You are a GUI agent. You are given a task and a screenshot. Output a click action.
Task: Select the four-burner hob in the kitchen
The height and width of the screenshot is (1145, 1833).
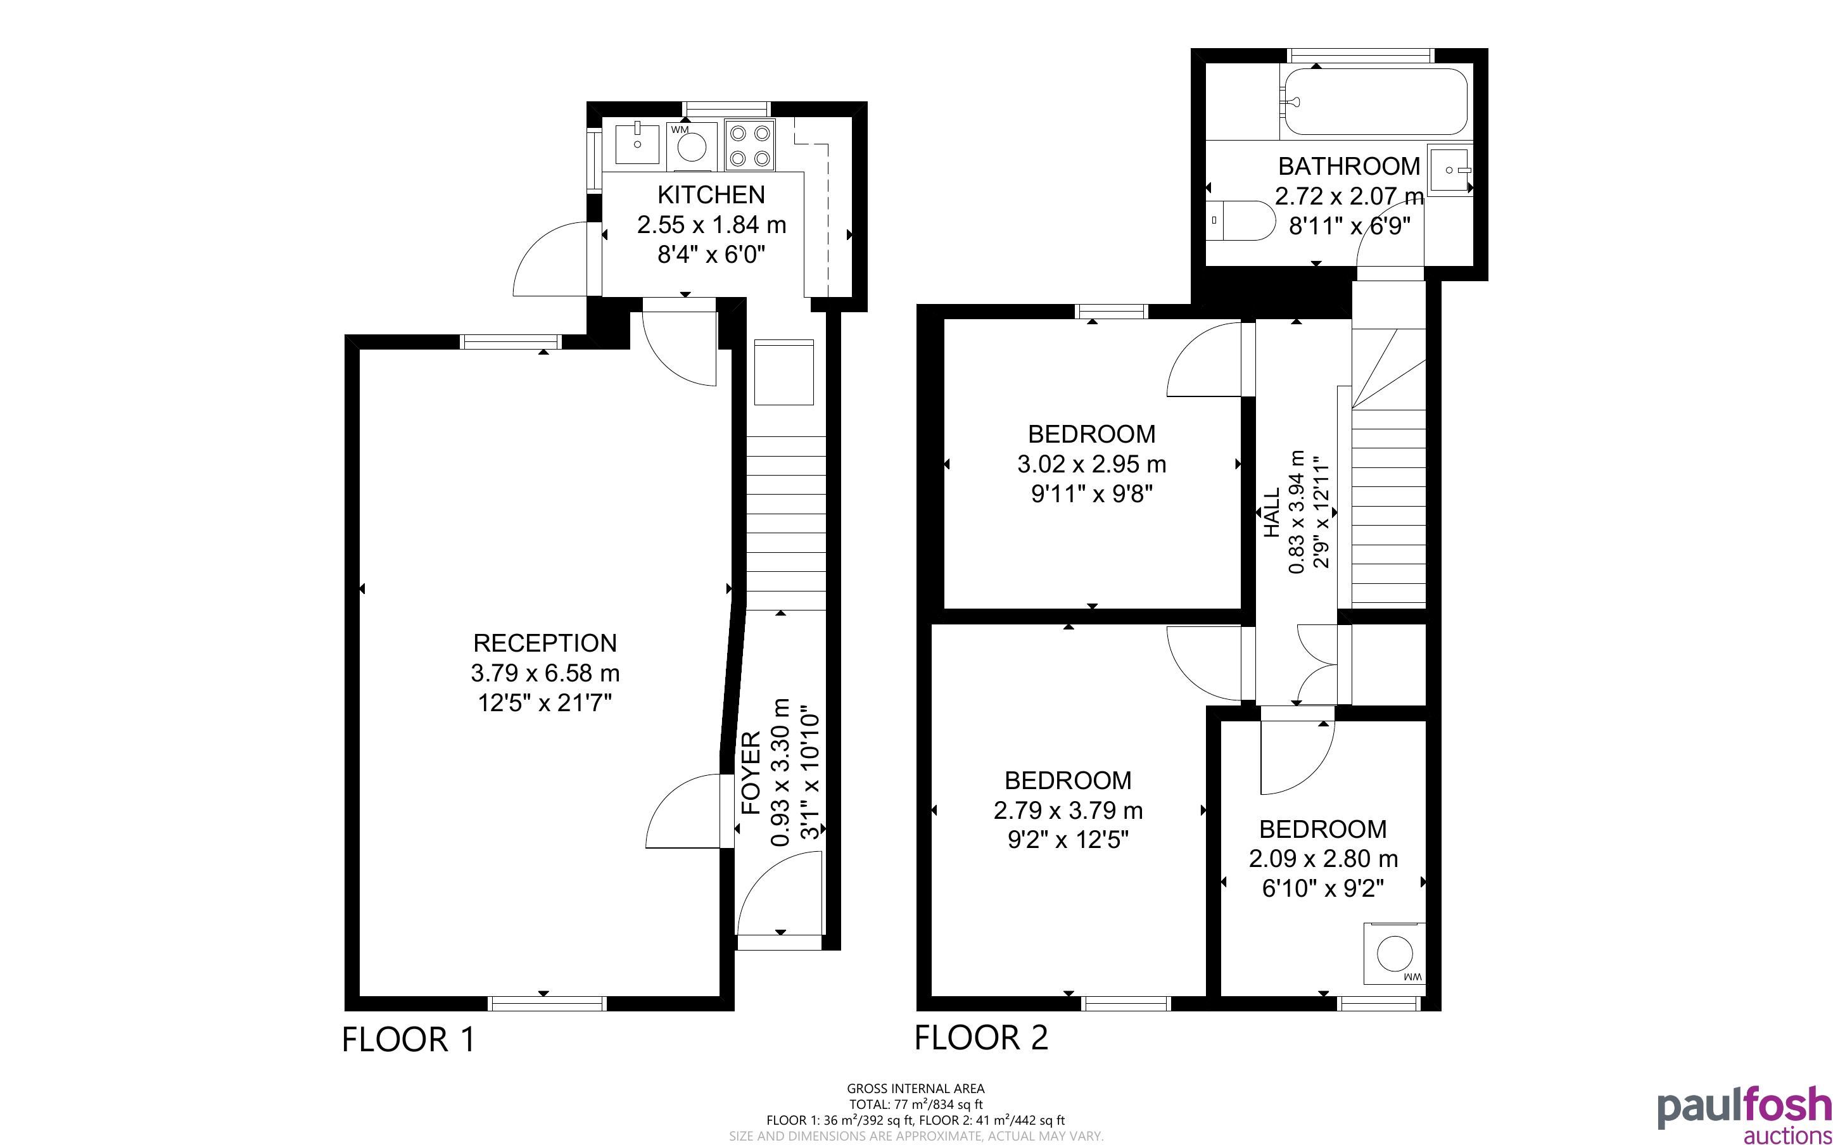click(x=749, y=146)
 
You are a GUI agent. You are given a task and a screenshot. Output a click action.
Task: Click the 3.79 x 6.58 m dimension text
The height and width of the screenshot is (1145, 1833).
click(x=545, y=673)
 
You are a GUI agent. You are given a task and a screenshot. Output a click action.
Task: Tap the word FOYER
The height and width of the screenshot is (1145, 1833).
click(x=751, y=773)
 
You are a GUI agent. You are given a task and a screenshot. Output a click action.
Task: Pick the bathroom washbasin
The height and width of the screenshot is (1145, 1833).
click(x=1449, y=170)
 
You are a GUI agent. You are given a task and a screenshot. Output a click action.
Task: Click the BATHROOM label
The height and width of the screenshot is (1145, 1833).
click(x=1349, y=166)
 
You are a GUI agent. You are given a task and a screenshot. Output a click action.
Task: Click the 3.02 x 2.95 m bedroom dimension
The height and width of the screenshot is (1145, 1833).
click(x=1092, y=464)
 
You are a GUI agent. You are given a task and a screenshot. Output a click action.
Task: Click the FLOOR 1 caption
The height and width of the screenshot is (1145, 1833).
click(x=409, y=1040)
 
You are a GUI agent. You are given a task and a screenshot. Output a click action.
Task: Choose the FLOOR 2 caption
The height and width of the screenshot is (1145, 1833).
click(x=981, y=1037)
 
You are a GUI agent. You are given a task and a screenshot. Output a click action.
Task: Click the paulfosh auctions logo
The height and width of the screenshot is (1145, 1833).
click(x=1744, y=1117)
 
